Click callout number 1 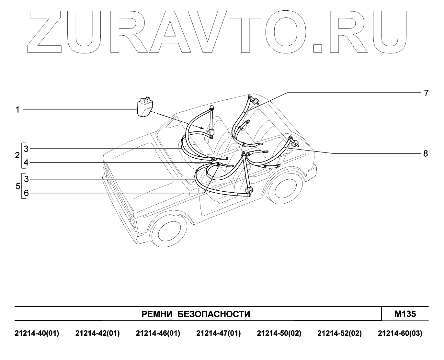point(18,110)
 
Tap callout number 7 point(426,93)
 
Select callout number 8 point(426,153)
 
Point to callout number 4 point(26,163)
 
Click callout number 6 point(26,193)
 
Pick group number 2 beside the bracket point(17,155)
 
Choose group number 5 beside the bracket point(17,186)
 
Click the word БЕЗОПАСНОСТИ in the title point(214,314)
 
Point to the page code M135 point(405,314)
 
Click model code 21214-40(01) point(37,333)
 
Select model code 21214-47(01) point(219,333)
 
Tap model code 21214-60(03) point(400,333)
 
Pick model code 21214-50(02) point(279,333)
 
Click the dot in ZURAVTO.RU point(318,48)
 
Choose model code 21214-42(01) point(97,333)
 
